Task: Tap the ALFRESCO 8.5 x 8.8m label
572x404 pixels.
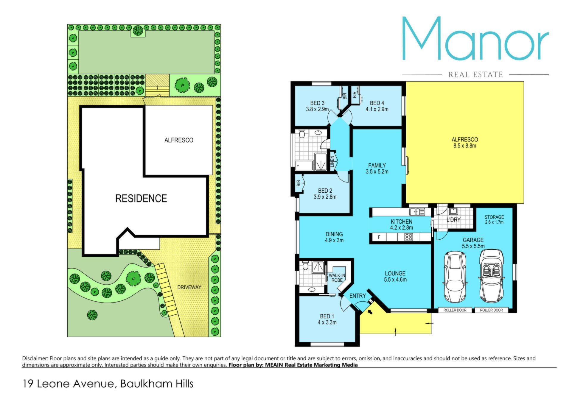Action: tap(465, 143)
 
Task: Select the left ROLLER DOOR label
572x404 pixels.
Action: tap(455, 310)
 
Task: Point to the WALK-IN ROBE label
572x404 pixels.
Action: tap(337, 278)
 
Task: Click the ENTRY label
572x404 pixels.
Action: tap(357, 296)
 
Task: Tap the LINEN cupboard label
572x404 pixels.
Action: tap(332, 162)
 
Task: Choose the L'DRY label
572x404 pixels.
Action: tap(454, 220)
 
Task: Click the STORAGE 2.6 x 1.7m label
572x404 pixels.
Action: tap(494, 219)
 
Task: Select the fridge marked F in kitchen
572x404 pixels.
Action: tap(379, 237)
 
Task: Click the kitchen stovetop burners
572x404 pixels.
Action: tap(409, 237)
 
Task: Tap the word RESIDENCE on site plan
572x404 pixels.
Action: tap(141, 199)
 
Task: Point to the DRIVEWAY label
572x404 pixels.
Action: tap(189, 287)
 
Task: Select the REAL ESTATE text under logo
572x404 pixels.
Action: tap(475, 74)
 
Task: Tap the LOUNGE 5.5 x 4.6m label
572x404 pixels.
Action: tap(395, 276)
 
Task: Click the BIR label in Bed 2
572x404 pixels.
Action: tap(299, 183)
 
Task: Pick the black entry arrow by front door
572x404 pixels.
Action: tap(370, 312)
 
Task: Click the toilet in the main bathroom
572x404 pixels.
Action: tap(302, 135)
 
